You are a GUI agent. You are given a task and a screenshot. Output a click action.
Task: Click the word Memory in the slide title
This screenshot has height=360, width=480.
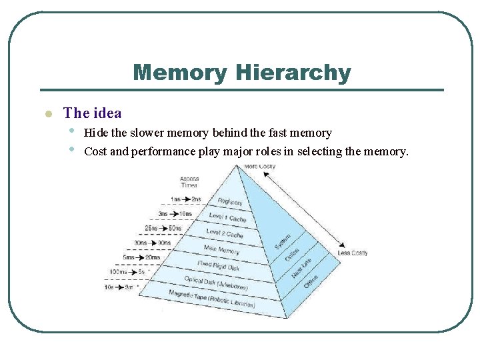pos(179,73)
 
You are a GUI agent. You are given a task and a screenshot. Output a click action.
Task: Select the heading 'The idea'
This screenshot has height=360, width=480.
pos(92,113)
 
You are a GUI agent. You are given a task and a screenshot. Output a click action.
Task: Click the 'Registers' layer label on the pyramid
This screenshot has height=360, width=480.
pos(230,202)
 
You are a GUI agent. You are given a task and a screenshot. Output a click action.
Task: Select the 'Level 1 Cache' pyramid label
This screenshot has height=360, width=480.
pos(227,217)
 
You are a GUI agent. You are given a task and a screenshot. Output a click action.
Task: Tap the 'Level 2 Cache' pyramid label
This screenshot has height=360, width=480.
pos(225,233)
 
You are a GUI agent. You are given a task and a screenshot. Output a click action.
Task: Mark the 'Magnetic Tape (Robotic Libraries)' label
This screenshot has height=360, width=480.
pos(211,299)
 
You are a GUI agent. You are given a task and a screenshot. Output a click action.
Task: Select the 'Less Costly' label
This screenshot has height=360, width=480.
pos(353,253)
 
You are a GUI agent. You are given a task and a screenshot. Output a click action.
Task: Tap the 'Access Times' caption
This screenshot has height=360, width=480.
pos(189,182)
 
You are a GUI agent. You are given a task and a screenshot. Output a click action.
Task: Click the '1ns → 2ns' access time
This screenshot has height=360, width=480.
pos(185,199)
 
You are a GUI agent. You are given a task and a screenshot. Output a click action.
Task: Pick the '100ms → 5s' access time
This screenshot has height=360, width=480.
pos(129,272)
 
